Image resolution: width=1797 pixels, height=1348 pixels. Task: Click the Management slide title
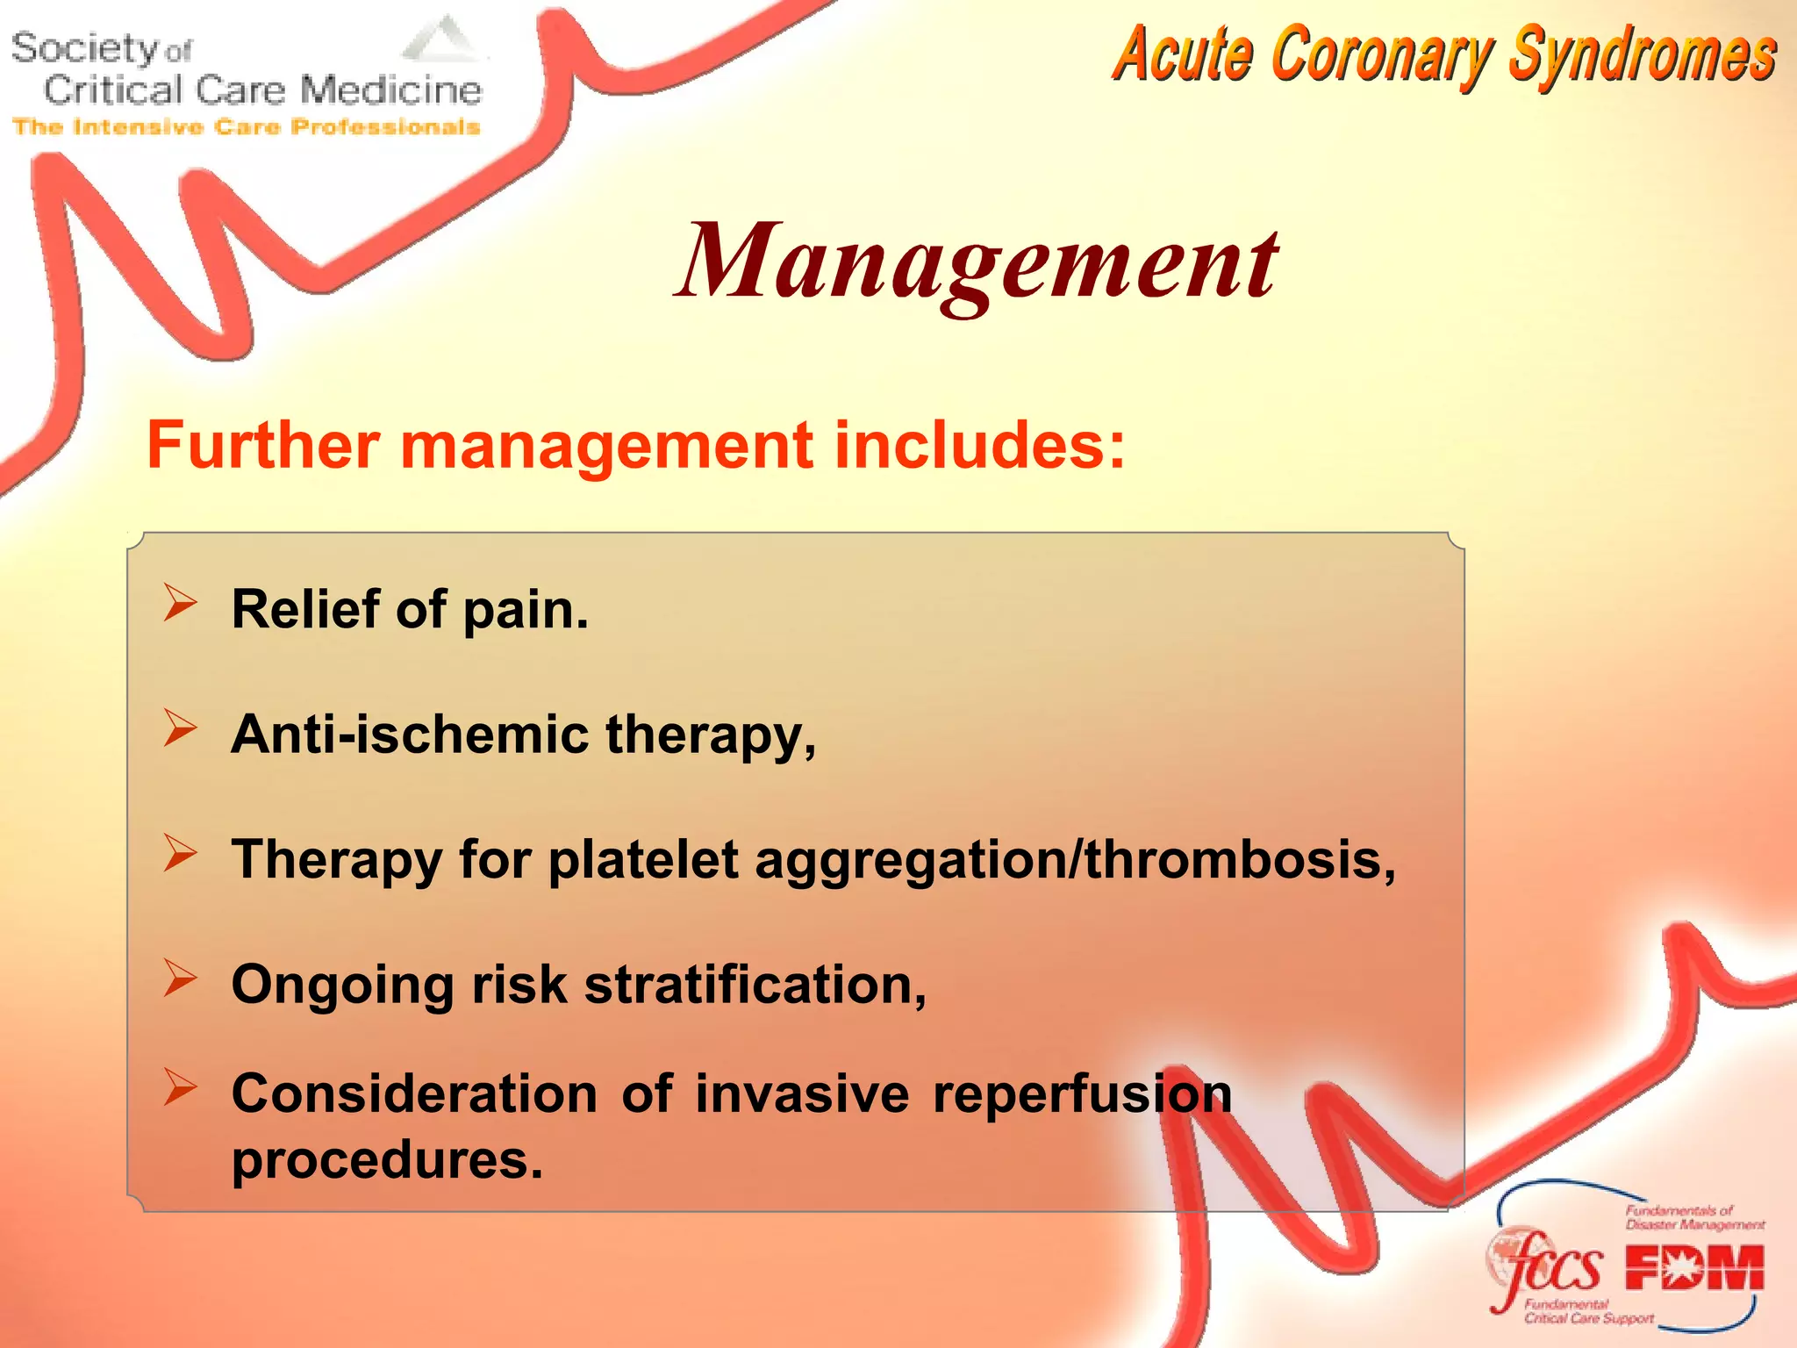coord(977,262)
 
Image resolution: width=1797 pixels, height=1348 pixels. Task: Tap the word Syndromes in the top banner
coord(1642,54)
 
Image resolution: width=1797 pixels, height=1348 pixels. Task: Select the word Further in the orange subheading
coord(262,445)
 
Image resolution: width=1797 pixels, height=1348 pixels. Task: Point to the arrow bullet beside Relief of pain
coord(180,605)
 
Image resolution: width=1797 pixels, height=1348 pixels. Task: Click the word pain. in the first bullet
coord(525,610)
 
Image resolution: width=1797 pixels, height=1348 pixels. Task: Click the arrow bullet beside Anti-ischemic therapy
coord(180,729)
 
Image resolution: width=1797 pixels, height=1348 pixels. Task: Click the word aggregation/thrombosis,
coord(1075,860)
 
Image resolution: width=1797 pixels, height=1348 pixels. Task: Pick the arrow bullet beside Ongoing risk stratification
coord(180,979)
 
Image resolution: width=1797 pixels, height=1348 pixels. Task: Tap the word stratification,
coord(755,985)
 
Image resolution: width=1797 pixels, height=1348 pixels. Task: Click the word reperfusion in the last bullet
coord(1082,1095)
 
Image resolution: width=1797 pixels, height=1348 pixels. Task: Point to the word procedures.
coord(387,1160)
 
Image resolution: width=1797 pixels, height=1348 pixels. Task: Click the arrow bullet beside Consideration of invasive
coord(180,1088)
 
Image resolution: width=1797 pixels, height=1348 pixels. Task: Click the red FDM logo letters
coord(1693,1269)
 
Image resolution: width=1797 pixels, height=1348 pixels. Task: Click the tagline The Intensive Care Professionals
coord(247,127)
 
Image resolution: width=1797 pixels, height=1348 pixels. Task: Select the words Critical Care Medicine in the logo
coord(262,90)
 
